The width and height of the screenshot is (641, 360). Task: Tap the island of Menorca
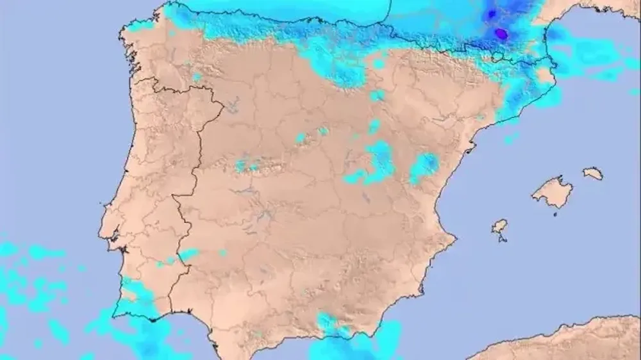pos(593,173)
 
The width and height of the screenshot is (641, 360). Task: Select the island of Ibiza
pos(499,226)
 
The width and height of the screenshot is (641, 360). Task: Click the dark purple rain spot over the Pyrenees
pos(501,33)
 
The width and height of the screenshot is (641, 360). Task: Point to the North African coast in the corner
pos(564,340)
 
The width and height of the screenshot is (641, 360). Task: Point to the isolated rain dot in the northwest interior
pos(196,77)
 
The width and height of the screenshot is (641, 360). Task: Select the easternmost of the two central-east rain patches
pos(424,167)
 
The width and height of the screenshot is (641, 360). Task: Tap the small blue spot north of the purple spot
pos(492,13)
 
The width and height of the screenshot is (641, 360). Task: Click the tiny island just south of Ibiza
pos(503,240)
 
